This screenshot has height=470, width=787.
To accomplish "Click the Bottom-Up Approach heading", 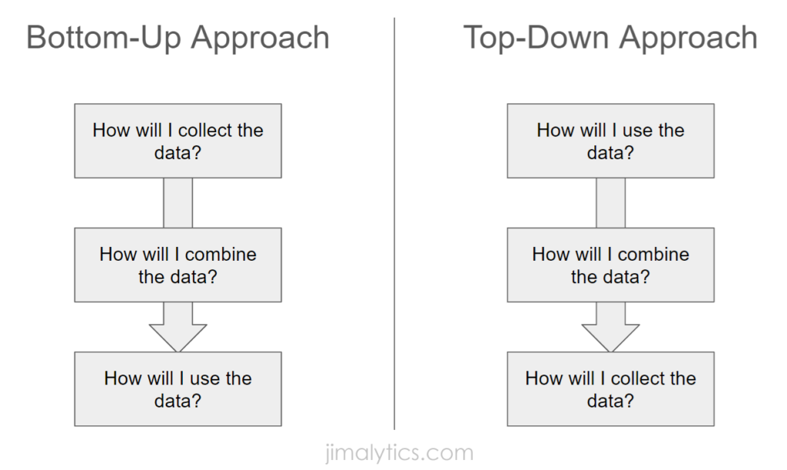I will point(178,38).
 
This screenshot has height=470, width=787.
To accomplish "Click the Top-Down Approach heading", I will point(610,38).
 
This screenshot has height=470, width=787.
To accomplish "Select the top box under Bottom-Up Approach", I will point(178,141).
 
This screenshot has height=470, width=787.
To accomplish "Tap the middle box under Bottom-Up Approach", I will point(178,265).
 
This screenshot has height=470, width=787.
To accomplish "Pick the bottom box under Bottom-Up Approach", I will point(178,388).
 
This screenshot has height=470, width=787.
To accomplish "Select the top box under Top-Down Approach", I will point(610,141).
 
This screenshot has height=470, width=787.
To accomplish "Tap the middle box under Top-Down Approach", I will point(610,265).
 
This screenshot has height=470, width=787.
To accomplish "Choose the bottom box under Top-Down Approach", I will point(610,388).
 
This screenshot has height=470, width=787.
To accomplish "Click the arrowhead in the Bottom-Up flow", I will point(178,335).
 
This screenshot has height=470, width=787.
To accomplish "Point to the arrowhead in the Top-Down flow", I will point(610,335).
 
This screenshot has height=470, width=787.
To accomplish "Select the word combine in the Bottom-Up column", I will point(221,254).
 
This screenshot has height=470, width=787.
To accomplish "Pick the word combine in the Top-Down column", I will point(653,254).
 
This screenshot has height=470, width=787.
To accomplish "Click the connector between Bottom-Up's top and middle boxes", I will point(178,202).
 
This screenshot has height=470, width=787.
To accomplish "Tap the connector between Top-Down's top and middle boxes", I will point(610,202).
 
